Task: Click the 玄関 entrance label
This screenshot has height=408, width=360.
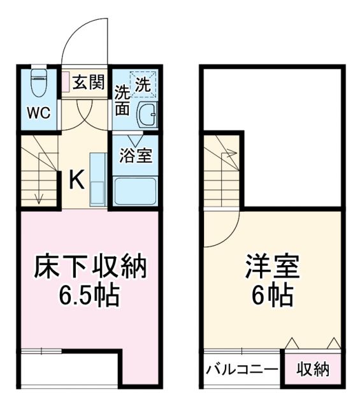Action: (88, 84)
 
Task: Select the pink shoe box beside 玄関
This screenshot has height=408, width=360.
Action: (66, 81)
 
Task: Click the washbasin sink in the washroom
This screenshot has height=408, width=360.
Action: (147, 114)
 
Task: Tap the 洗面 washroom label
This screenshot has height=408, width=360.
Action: (122, 100)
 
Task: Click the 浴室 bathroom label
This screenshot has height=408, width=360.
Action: (136, 155)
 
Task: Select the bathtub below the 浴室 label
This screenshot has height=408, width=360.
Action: (136, 191)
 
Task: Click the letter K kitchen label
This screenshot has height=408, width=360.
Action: (76, 181)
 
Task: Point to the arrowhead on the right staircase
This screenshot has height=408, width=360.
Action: (233, 153)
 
